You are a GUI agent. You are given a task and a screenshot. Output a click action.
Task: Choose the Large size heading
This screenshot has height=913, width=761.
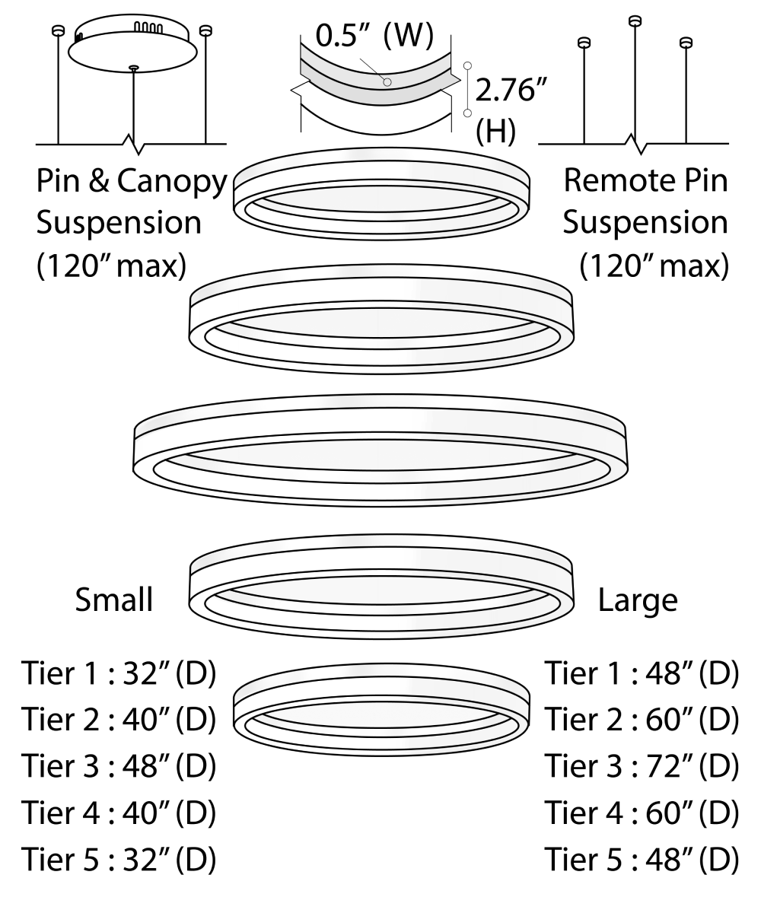pyautogui.click(x=637, y=600)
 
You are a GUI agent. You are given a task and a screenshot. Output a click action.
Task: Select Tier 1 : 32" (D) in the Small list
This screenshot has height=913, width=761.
pyautogui.click(x=118, y=674)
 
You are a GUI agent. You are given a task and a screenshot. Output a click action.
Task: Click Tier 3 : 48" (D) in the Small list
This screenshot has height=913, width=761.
pyautogui.click(x=118, y=766)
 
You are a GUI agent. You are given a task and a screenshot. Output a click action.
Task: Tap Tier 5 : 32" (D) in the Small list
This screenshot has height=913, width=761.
pyautogui.click(x=118, y=859)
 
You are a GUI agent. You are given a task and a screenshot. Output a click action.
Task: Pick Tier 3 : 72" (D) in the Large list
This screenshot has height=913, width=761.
pyautogui.click(x=641, y=766)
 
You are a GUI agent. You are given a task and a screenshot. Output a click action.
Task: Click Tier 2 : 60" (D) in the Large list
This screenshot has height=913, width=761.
pyautogui.click(x=641, y=720)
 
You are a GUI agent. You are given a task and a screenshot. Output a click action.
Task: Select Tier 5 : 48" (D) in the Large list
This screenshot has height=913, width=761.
pyautogui.click(x=641, y=859)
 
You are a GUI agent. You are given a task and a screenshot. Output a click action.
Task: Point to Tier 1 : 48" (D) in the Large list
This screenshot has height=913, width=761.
pyautogui.click(x=641, y=674)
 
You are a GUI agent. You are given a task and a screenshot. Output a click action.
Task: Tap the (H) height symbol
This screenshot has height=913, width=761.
pyautogui.click(x=495, y=131)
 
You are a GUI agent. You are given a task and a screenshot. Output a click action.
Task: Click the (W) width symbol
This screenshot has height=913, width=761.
pyautogui.click(x=408, y=36)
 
